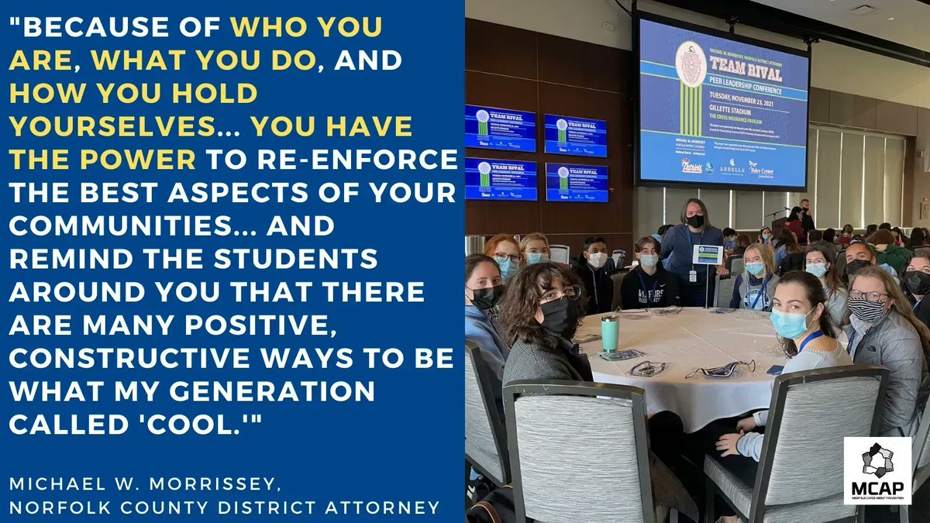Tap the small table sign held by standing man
tap(708, 255)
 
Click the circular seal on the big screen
tap(690, 64)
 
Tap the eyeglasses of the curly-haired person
tap(559, 294)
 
